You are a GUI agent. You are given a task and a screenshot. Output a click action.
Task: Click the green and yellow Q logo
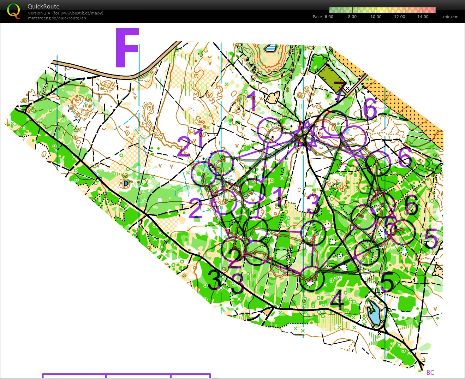point(13,11)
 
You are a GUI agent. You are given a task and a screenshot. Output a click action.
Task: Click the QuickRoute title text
point(43,6)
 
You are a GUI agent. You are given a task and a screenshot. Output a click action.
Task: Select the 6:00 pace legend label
point(329,17)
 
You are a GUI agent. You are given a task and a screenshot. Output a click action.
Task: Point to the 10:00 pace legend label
point(376,17)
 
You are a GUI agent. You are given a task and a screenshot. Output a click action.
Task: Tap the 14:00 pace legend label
point(423,17)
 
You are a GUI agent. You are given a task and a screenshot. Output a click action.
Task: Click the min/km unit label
point(451,17)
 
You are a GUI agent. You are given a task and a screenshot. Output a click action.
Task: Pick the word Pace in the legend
point(317,17)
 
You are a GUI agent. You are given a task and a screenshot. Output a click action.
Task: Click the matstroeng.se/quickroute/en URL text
point(57,18)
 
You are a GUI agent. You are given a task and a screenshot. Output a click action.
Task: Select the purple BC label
point(430,373)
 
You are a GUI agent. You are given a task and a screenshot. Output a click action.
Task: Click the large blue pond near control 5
point(373,313)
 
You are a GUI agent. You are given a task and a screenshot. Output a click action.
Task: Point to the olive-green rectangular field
point(330,78)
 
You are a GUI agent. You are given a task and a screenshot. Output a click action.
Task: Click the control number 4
point(336,301)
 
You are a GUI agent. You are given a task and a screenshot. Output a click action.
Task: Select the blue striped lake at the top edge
point(271,48)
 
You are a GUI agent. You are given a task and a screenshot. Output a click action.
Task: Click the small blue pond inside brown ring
point(126,183)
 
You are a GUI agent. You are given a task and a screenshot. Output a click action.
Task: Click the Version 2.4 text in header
point(39,13)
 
